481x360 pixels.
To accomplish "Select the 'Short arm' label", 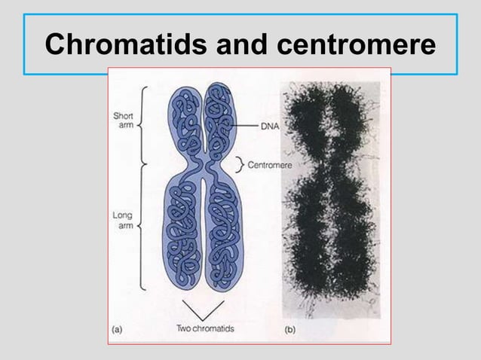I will pos(123,121).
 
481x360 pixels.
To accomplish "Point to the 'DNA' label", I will pos(269,127).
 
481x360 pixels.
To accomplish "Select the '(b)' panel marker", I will pos(290,329).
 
